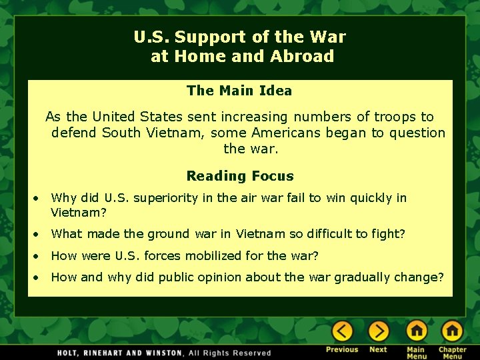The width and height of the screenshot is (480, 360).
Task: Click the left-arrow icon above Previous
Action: (343, 331)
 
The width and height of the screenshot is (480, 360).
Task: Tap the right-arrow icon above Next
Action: (379, 331)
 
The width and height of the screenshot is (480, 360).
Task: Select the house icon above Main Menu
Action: (417, 331)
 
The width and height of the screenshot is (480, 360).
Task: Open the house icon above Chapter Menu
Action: (452, 331)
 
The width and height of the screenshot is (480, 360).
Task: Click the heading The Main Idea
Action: (239, 90)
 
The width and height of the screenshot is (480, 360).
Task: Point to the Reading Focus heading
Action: (240, 176)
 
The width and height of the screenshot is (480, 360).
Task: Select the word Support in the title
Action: (206, 37)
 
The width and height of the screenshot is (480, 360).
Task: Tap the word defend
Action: (74, 133)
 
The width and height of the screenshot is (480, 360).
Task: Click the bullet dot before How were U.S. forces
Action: (39, 256)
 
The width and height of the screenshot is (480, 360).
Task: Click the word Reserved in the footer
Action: (252, 353)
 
